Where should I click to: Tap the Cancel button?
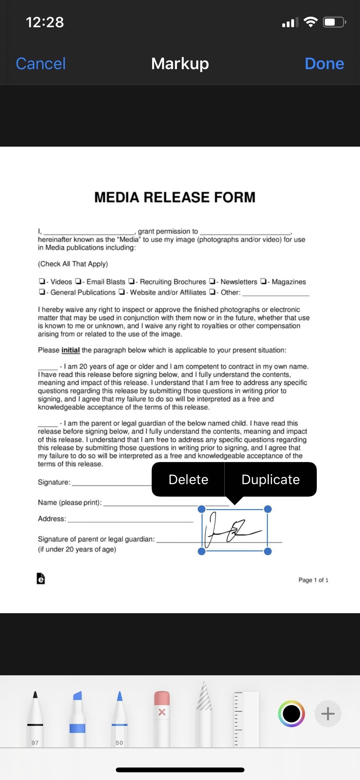click(x=41, y=63)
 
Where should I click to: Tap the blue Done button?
click(x=324, y=63)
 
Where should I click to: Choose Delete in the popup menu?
click(x=188, y=479)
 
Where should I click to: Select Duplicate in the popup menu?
click(x=270, y=479)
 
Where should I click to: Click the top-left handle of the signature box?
click(x=202, y=509)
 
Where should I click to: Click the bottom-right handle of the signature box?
click(x=268, y=551)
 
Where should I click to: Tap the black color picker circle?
click(x=291, y=713)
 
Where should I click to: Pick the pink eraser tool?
click(x=162, y=717)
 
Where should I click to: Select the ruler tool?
click(x=246, y=719)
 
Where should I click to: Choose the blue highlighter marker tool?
click(x=77, y=717)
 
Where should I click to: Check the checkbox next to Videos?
click(x=42, y=281)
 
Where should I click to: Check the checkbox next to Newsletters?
click(x=212, y=281)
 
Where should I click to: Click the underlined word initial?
click(x=70, y=350)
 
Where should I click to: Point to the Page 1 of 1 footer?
click(x=313, y=580)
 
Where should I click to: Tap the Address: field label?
click(x=52, y=519)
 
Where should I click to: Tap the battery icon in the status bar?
click(x=334, y=22)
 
